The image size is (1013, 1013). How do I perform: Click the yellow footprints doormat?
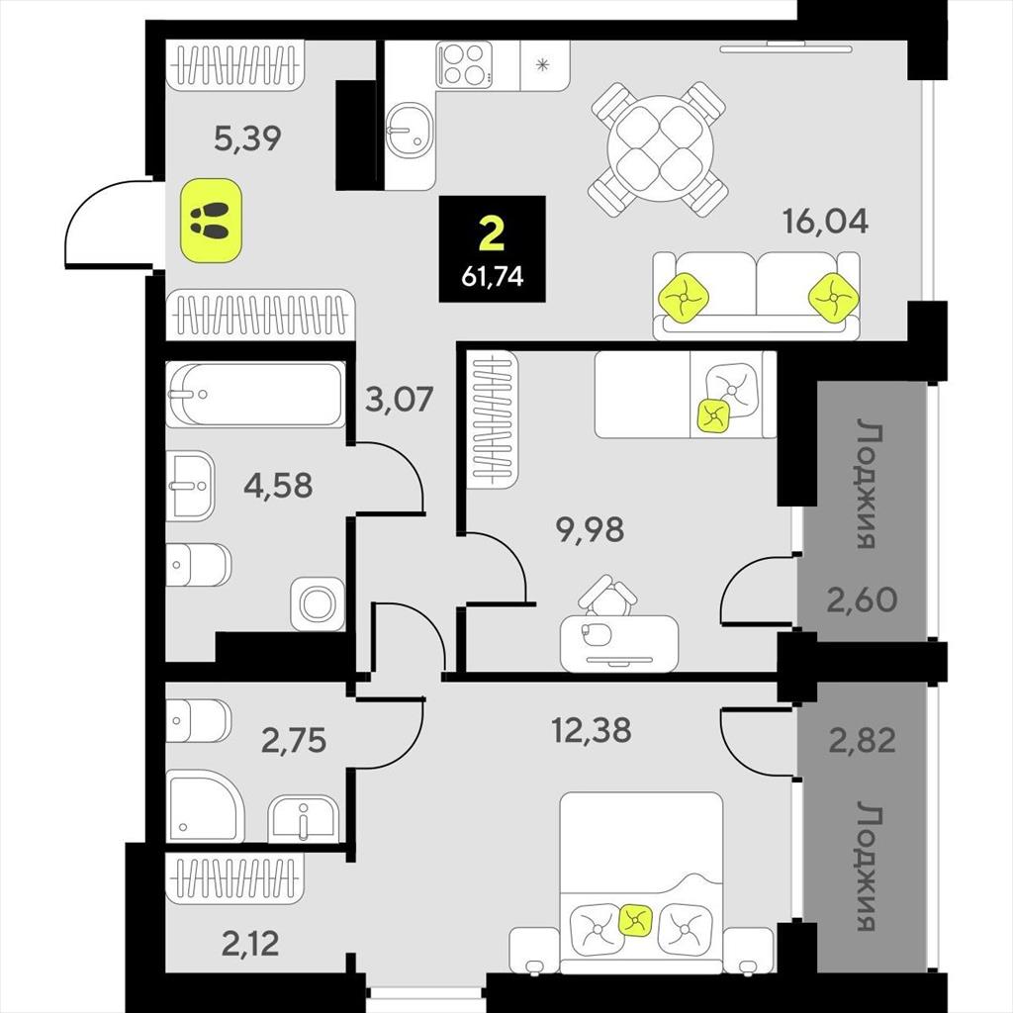coord(211,221)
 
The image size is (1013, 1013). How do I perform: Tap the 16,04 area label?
coord(826,221)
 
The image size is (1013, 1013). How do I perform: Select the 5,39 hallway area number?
coord(247,138)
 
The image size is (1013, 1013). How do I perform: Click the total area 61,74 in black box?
coord(493,277)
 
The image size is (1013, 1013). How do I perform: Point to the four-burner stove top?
coord(463,64)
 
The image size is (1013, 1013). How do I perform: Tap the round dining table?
coord(658,149)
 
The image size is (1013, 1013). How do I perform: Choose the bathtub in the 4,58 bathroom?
coord(255,394)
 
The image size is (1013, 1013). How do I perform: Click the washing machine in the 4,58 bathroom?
coord(318,604)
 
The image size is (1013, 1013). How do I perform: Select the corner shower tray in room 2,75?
coord(206,805)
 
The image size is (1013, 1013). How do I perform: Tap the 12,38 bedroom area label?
coord(592,731)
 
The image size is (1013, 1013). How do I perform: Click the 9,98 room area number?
coord(590,530)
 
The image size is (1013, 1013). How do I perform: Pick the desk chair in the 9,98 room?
coord(606,595)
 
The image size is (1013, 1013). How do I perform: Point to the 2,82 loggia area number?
coord(863,740)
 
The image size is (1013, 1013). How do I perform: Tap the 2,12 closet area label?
coord(250,945)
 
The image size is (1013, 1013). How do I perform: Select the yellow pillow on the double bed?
coord(636,920)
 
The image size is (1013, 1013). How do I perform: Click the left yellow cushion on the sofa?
coord(684,298)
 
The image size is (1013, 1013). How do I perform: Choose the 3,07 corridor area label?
coord(399,399)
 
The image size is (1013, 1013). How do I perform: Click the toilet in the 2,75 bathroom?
coord(198,720)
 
